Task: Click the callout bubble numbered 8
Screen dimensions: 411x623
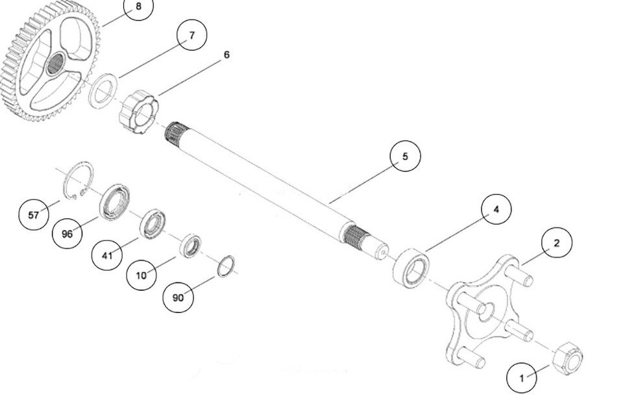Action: click(x=138, y=6)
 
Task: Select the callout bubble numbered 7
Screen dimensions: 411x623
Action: click(x=191, y=36)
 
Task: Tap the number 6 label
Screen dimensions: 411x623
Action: click(x=226, y=55)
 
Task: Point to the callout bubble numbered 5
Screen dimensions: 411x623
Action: click(x=405, y=156)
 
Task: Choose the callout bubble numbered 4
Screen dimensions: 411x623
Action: click(x=496, y=210)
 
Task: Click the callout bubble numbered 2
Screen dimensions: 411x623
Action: click(x=556, y=243)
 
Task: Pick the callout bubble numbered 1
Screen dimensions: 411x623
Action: click(x=522, y=377)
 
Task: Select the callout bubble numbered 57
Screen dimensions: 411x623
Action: click(x=34, y=214)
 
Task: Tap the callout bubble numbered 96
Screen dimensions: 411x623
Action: click(x=67, y=234)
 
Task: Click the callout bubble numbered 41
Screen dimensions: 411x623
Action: click(x=107, y=255)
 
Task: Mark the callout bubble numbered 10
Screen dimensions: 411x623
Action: click(x=141, y=275)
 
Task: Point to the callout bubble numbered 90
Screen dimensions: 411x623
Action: click(x=178, y=297)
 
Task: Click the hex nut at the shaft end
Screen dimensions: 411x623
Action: click(x=567, y=358)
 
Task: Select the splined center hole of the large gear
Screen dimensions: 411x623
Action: click(x=55, y=64)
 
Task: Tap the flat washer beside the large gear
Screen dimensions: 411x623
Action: click(x=103, y=91)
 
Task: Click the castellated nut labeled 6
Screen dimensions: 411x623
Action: click(x=138, y=112)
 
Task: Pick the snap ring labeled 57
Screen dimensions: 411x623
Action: click(x=78, y=180)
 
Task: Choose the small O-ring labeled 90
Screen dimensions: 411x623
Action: click(x=226, y=266)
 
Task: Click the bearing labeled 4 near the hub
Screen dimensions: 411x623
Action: click(x=411, y=268)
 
